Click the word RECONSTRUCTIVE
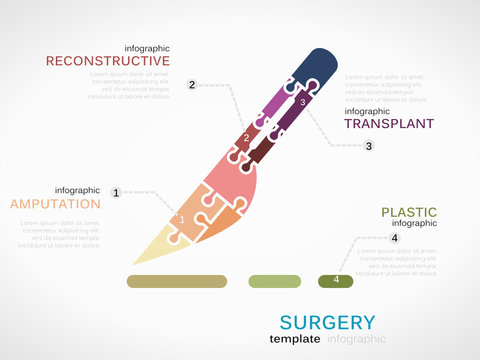(108, 61)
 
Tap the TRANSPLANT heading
(389, 124)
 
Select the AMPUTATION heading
(54, 204)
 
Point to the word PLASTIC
(409, 212)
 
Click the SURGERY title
(328, 322)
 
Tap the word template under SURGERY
(295, 339)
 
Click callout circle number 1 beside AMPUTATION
(116, 192)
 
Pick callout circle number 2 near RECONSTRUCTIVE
(191, 85)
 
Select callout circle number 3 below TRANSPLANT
(368, 146)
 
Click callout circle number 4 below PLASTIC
(394, 238)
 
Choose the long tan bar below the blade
(177, 281)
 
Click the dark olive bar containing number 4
(335, 281)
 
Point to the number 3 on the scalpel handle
(302, 103)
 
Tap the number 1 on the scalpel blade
(182, 219)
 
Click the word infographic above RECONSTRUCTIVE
(147, 48)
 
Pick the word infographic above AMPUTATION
(77, 190)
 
